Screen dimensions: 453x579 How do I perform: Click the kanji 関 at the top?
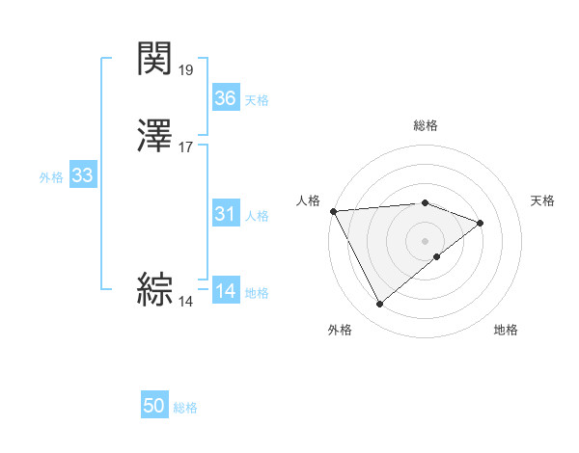pos(155,59)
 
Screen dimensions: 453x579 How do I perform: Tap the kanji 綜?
pos(155,290)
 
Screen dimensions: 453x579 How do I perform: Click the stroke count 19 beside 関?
pos(186,70)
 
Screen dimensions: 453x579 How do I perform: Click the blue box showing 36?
pos(226,98)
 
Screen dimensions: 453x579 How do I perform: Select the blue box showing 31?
pos(226,214)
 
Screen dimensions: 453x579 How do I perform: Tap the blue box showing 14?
pos(226,291)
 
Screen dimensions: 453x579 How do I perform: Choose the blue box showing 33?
pos(83,175)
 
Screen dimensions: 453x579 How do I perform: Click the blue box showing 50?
pos(154,407)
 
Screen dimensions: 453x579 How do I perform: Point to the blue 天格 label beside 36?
pos(257,100)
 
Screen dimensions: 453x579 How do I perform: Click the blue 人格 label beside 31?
pos(257,216)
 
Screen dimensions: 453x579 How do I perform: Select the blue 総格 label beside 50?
pos(185,409)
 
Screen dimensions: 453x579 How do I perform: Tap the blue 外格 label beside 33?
pos(51,177)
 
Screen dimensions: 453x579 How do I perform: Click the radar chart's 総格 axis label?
pos(426,125)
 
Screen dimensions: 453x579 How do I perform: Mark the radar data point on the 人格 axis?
pos(333,210)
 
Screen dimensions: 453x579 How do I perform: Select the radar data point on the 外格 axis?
pos(380,305)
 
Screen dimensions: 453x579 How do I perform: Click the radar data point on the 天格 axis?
pos(481,223)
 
